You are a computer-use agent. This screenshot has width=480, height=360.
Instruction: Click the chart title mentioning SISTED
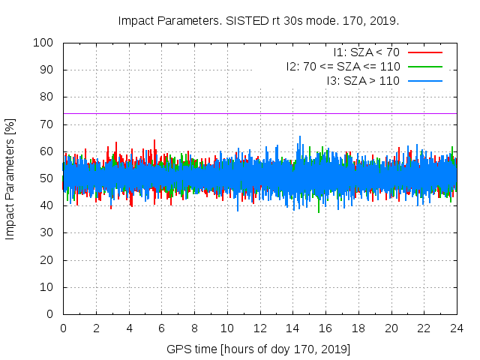259,20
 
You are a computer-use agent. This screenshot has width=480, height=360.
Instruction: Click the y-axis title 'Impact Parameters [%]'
10,178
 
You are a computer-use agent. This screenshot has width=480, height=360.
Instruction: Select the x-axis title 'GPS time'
259,349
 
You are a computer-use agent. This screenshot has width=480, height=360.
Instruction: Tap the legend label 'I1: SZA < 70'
366,52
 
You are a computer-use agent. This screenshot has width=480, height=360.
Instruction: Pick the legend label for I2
343,66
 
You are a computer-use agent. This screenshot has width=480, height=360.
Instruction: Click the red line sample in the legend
424,52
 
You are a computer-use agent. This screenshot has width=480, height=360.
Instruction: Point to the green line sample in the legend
424,66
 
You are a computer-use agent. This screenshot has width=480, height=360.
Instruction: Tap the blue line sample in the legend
424,80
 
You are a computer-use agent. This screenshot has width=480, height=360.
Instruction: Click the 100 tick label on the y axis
43,43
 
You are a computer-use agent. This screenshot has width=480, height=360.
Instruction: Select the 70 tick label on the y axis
46,124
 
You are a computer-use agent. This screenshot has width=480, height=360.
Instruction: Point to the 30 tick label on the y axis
46,233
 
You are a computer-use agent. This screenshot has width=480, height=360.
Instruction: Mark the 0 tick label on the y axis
49,314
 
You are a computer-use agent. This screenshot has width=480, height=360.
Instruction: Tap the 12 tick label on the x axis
259,328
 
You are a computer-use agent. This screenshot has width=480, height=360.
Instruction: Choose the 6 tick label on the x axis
162,328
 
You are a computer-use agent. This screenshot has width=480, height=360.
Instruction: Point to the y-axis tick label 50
46,178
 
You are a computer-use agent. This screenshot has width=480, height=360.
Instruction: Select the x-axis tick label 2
96,328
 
